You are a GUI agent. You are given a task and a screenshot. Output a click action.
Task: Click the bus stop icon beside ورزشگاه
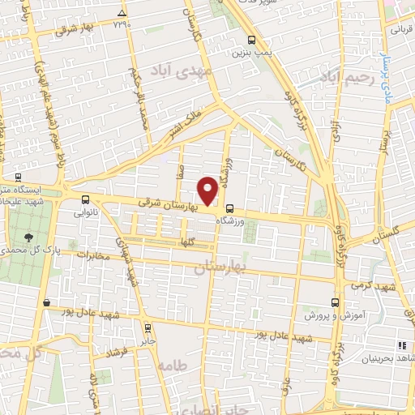[x=230, y=207]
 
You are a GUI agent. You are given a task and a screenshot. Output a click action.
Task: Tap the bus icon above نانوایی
[x=86, y=199]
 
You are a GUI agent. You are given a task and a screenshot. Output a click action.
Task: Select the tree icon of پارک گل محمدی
[x=31, y=237]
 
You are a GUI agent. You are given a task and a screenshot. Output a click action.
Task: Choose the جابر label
[x=147, y=341]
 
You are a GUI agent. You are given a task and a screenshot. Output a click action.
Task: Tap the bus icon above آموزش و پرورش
[x=335, y=301]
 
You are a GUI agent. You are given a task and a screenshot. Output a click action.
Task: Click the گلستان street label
[x=387, y=234]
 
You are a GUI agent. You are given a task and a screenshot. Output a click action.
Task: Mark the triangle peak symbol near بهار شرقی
[x=122, y=14]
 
